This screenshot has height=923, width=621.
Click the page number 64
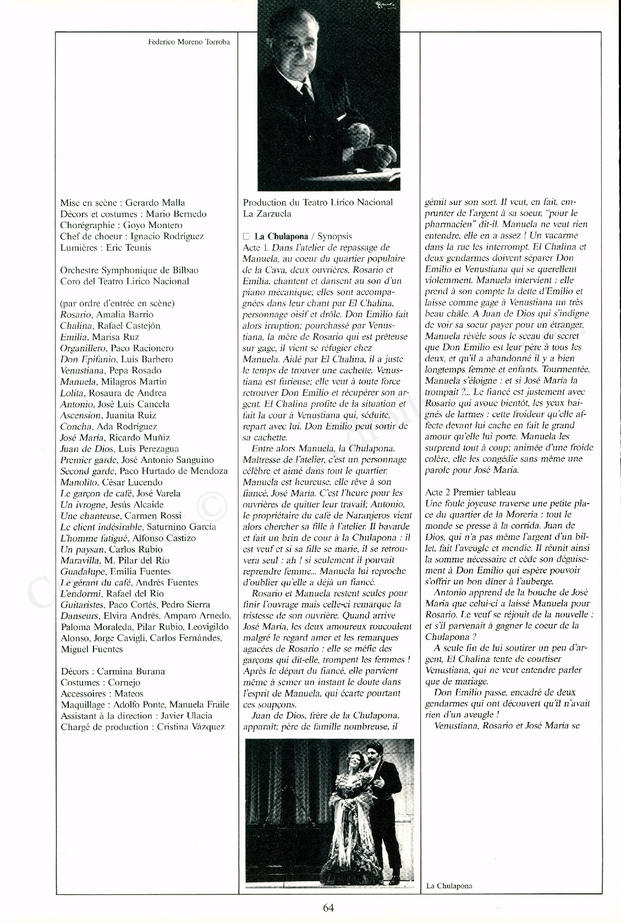[328, 907]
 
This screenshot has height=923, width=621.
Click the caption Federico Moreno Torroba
[189, 42]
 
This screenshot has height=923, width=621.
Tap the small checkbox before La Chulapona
[246, 236]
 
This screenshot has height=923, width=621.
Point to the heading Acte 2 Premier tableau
[470, 492]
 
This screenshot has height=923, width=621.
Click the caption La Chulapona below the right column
[449, 886]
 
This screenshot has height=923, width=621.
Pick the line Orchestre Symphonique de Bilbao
[129, 270]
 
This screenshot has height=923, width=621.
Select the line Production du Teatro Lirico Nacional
[318, 202]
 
